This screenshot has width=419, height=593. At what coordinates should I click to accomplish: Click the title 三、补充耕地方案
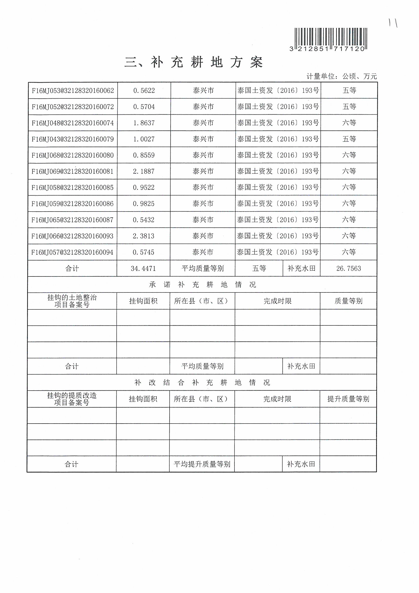pyautogui.click(x=194, y=62)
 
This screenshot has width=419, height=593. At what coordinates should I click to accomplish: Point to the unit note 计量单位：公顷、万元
pyautogui.click(x=341, y=76)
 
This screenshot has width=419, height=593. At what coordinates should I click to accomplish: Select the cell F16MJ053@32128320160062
pyautogui.click(x=73, y=91)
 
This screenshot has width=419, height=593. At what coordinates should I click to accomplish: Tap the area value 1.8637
pyautogui.click(x=144, y=123)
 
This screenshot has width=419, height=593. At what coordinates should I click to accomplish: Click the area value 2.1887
pyautogui.click(x=143, y=171)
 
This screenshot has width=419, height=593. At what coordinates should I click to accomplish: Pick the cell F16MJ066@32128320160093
pyautogui.click(x=72, y=236)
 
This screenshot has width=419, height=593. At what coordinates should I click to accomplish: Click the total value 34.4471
pyautogui.click(x=143, y=269)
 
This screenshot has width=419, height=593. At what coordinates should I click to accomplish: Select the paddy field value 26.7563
pyautogui.click(x=348, y=269)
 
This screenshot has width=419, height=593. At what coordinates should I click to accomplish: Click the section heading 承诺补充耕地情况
pyautogui.click(x=202, y=285)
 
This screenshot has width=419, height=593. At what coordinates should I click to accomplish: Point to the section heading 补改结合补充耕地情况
pyautogui.click(x=202, y=382)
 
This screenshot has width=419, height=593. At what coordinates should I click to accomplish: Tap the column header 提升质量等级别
pyautogui.click(x=348, y=399)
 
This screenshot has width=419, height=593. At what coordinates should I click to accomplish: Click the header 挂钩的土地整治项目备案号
pyautogui.click(x=72, y=301)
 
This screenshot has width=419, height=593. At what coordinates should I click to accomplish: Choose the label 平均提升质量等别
pyautogui.click(x=202, y=464)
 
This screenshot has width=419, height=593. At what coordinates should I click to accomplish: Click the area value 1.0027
pyautogui.click(x=144, y=139)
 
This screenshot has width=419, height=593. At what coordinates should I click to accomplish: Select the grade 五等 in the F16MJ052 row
pyautogui.click(x=349, y=107)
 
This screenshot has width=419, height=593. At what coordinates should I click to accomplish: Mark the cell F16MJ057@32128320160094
pyautogui.click(x=72, y=252)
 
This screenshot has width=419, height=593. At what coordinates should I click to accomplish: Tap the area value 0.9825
pyautogui.click(x=143, y=204)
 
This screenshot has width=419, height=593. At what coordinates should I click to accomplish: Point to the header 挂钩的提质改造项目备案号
pyautogui.click(x=72, y=399)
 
